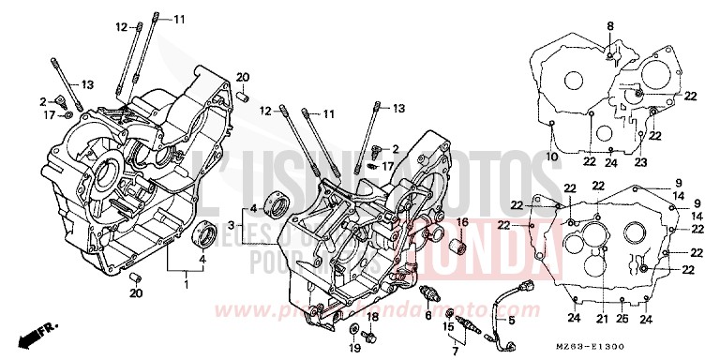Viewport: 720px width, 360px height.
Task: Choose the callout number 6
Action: pos(427,316)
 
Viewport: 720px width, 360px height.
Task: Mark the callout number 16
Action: pos(461,221)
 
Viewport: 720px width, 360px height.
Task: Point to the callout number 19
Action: pos(354,348)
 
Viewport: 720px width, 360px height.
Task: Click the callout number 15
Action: pos(448,326)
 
